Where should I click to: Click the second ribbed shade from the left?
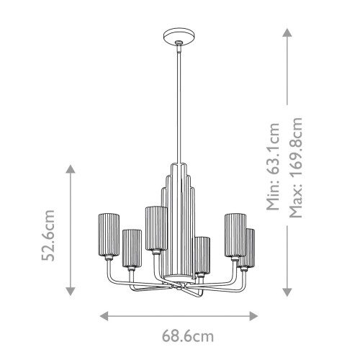(131, 248)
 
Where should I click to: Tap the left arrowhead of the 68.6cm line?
(103, 315)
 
